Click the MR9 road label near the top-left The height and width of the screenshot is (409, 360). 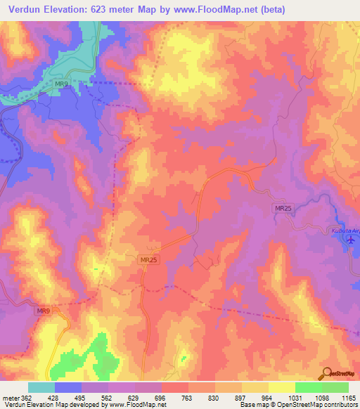coord(62,84)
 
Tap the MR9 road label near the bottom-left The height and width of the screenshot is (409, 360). coord(44,311)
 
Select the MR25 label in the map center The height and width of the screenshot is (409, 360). coord(148,259)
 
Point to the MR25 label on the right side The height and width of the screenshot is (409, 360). coord(282,207)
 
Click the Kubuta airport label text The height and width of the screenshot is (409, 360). coord(344,230)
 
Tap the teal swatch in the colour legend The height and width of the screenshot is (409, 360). coord(41,387)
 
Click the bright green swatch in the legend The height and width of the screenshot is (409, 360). coord(309,387)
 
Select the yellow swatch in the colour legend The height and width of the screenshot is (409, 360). coord(282,387)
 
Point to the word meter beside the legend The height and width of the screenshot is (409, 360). coord(10,397)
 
